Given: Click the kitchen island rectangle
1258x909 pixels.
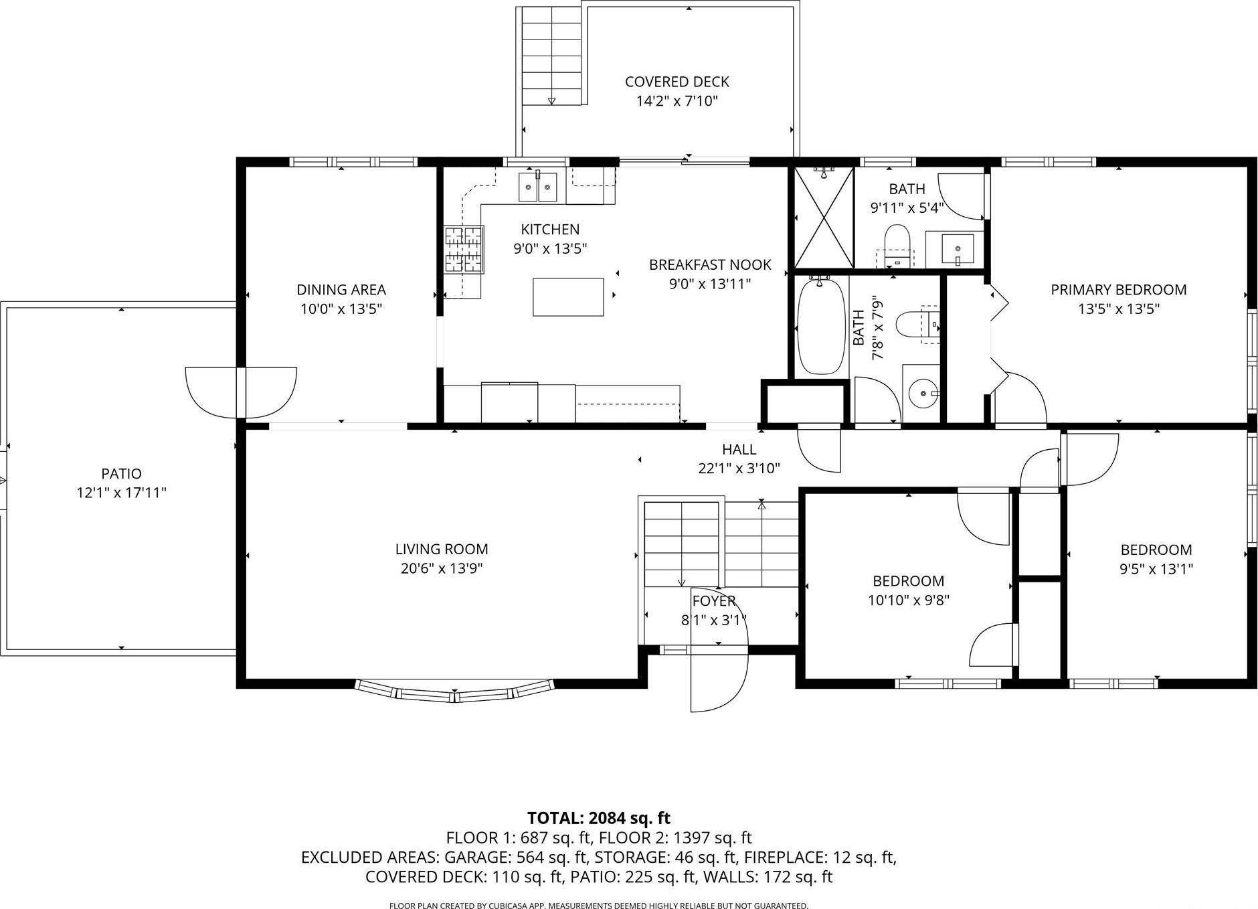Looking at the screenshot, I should [568, 297].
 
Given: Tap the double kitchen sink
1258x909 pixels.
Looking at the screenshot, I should [537, 187].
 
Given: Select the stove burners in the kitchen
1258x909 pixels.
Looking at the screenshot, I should [464, 250].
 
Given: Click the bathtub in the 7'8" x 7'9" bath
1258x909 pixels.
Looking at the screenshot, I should [820, 327].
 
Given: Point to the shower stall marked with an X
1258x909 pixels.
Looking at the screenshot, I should [824, 218].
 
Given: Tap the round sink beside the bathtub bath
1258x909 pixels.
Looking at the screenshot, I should [923, 392].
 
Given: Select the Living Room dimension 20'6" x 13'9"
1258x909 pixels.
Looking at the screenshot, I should [441, 568].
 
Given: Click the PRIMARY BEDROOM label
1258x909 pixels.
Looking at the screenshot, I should [1118, 290].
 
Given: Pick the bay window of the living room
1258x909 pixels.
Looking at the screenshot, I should [455, 691].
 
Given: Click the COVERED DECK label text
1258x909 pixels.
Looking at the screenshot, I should [677, 82].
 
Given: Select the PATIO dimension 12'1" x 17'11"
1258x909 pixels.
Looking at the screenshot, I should [121, 493].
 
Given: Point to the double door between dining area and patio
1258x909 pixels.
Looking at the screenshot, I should [241, 392].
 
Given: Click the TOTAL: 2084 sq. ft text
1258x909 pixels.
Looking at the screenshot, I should [598, 818].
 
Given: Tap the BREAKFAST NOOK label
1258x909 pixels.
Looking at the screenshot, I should [709, 265].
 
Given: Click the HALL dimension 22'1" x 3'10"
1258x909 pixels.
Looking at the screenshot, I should [739, 469].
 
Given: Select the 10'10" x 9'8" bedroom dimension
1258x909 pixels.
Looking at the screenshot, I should [908, 600].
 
